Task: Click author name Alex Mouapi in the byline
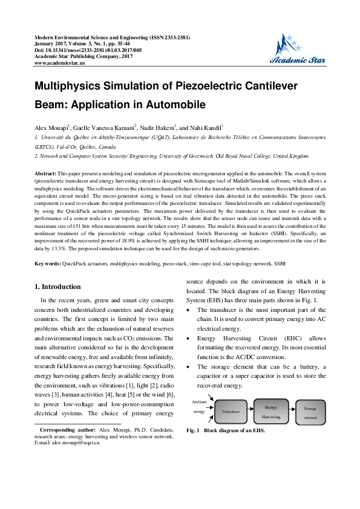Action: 51,129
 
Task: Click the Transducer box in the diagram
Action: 231,410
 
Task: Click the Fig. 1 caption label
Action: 193,431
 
